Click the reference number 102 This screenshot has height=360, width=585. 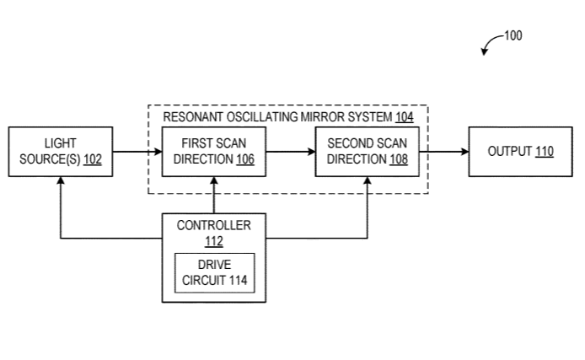coord(93,159)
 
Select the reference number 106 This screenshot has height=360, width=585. coord(245,159)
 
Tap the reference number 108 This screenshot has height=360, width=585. coord(399,159)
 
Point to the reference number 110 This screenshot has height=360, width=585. coord(545,152)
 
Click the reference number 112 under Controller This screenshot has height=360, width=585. coord(213,241)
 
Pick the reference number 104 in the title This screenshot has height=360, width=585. coord(405,117)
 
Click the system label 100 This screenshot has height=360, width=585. coord(513,35)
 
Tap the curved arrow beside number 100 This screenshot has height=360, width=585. coord(490,44)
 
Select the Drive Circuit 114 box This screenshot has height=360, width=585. coord(213,272)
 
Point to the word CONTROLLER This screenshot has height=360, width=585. coord(213,225)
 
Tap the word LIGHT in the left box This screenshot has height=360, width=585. coord(60,143)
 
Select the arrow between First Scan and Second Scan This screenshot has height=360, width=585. coord(292,152)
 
